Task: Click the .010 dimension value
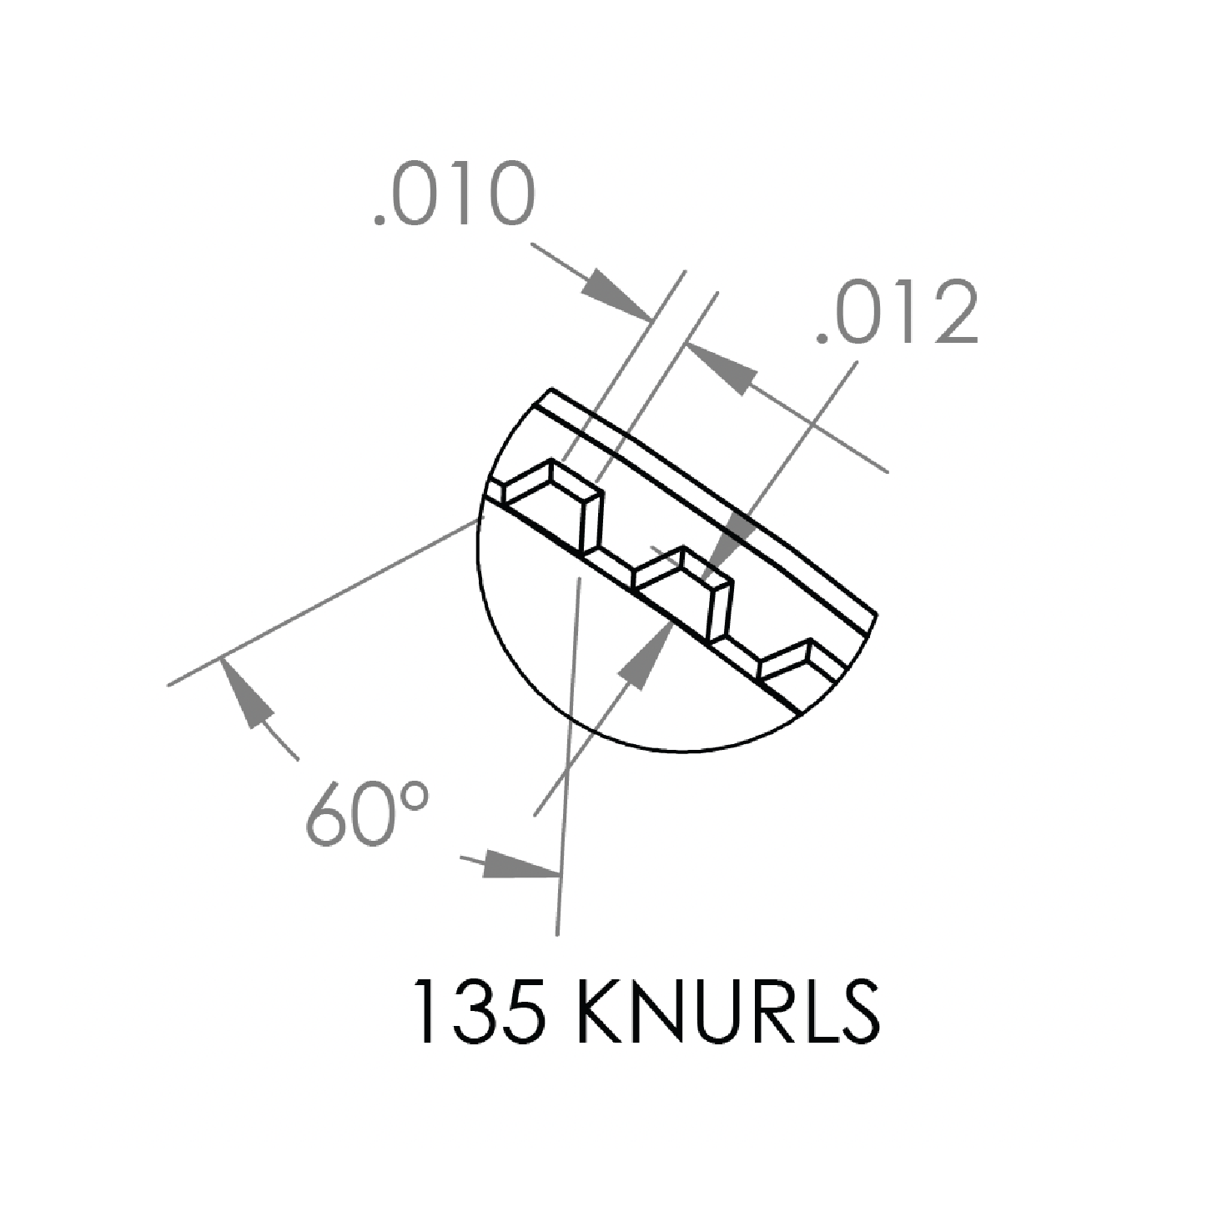[455, 194]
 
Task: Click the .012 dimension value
[898, 311]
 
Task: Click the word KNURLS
[727, 1020]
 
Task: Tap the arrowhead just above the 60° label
[245, 692]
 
